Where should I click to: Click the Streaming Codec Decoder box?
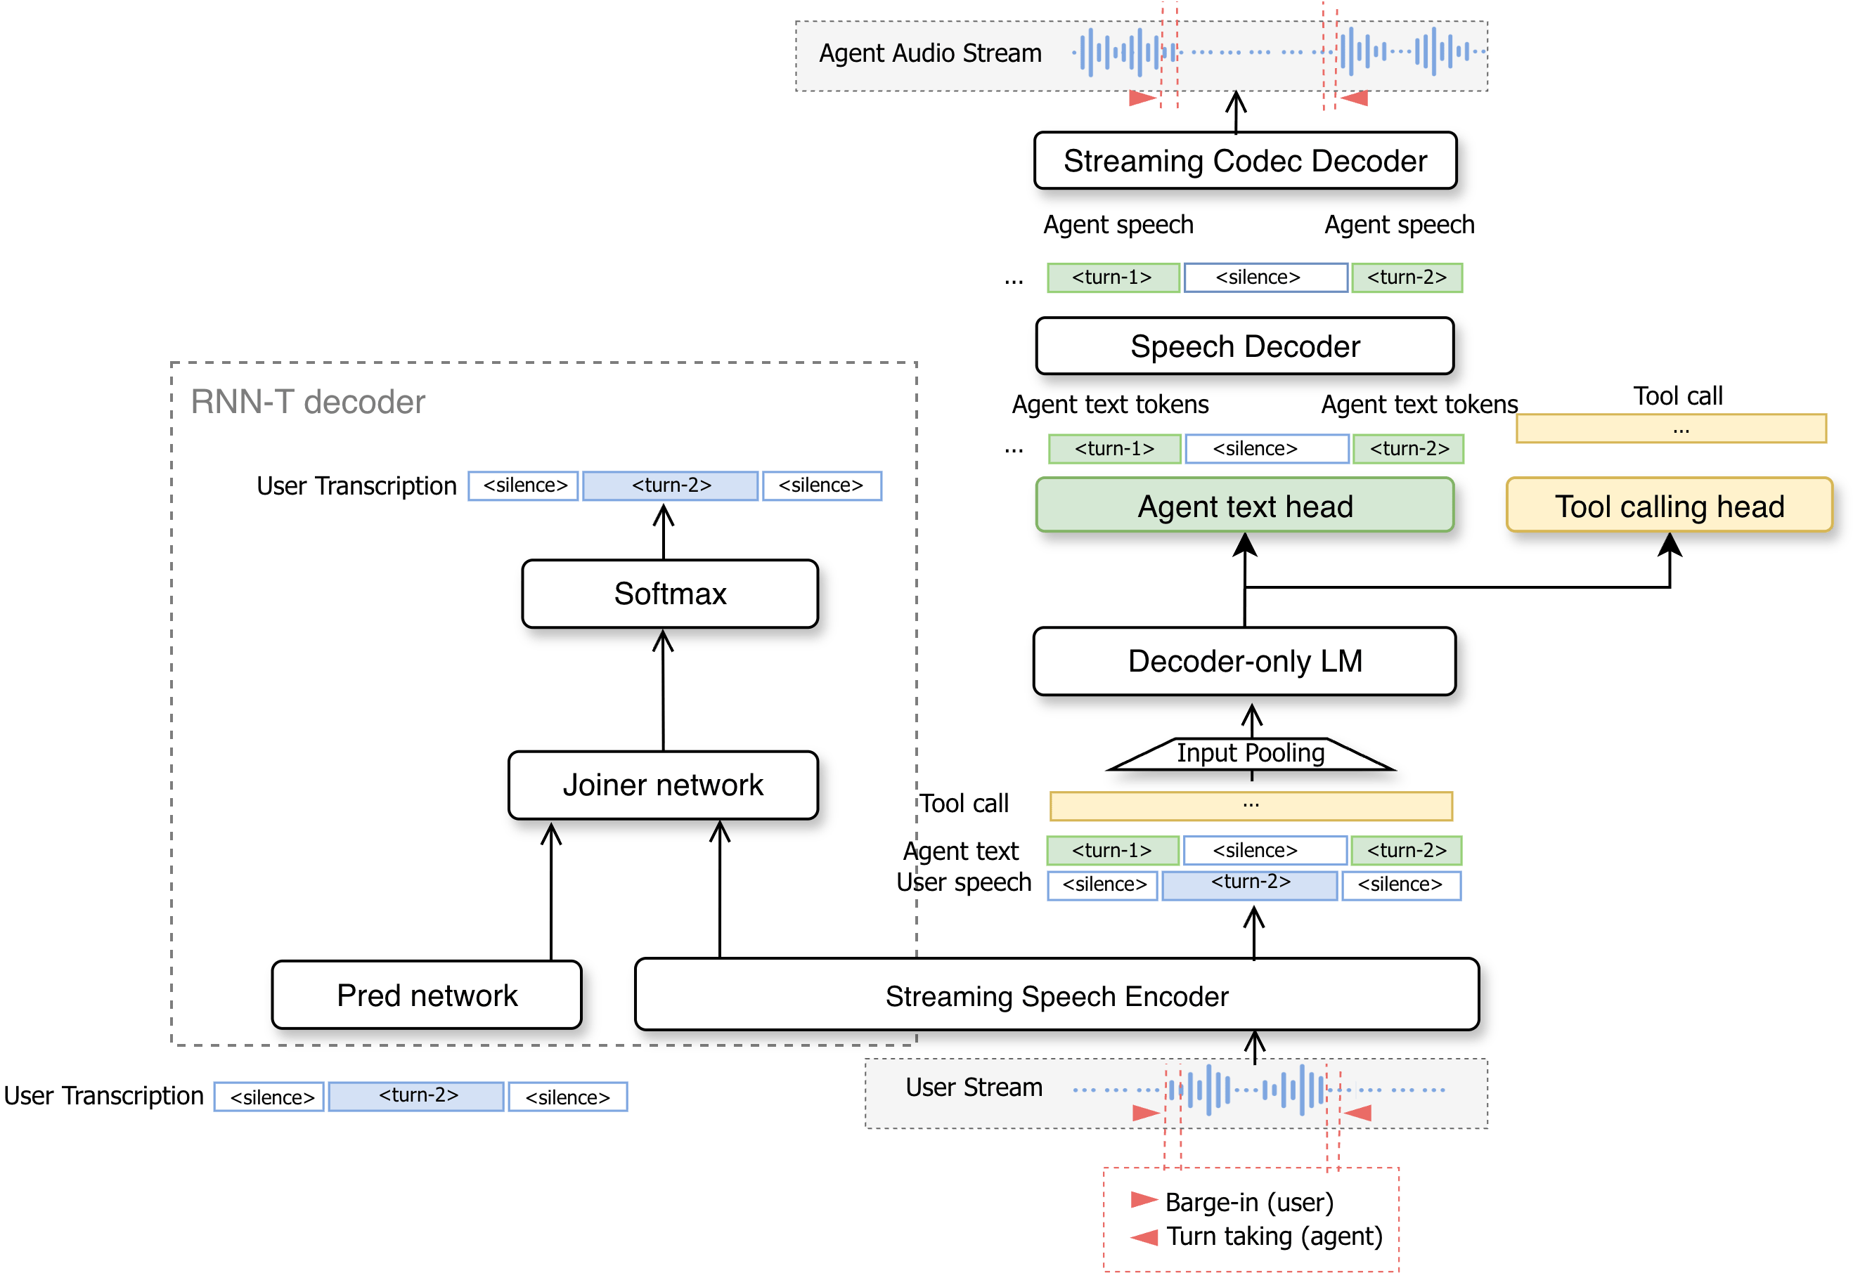[x=1244, y=160]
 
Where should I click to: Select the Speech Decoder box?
[x=1244, y=346]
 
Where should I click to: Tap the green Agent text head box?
[x=1244, y=505]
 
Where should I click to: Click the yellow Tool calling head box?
[x=1669, y=505]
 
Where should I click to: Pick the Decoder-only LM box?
[x=1244, y=661]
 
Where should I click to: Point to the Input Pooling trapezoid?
[x=1251, y=754]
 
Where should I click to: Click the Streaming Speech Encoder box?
[x=1057, y=995]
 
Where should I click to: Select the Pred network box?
[x=427, y=995]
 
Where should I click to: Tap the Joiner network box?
[x=663, y=785]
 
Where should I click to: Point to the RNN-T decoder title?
[x=307, y=402]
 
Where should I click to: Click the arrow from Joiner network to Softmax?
[x=663, y=690]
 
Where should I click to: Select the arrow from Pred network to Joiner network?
[x=550, y=892]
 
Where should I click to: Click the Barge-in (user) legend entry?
[x=1232, y=1201]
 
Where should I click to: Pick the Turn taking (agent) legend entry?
[x=1256, y=1236]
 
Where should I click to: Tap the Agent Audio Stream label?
[x=930, y=53]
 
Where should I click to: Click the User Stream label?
[x=974, y=1087]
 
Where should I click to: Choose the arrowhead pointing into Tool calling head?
[x=1670, y=544]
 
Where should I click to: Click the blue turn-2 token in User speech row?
[x=1250, y=885]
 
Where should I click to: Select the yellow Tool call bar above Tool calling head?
[x=1671, y=429]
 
